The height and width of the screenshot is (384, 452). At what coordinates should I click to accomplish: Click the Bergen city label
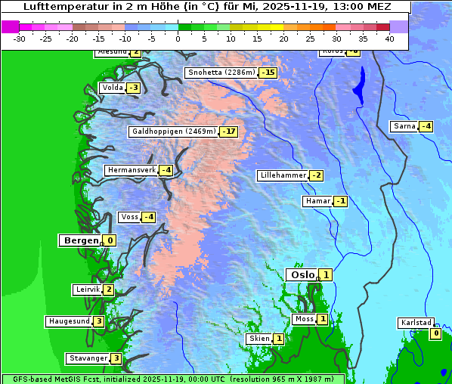tap(81, 240)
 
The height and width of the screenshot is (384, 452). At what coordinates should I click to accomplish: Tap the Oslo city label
tap(302, 274)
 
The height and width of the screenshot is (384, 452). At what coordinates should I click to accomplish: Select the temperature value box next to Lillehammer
tap(317, 175)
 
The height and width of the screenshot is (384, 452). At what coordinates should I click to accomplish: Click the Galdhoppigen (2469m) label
tap(174, 132)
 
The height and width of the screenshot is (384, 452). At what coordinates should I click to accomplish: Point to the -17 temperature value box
tap(229, 132)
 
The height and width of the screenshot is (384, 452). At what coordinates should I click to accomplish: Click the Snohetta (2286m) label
tap(221, 73)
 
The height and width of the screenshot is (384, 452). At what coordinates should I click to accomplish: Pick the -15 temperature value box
tap(268, 73)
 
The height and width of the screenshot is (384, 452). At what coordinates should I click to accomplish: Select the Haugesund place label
tap(70, 321)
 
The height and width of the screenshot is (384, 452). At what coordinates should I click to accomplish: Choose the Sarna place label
tap(404, 126)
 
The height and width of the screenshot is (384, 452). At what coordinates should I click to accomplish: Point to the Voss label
tap(130, 217)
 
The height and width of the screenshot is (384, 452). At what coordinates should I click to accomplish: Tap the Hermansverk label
tap(132, 170)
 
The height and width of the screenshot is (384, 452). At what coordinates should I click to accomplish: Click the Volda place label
tap(113, 88)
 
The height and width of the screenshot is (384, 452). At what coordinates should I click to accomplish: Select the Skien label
tap(259, 338)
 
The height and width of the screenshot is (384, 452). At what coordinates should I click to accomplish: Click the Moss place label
tap(304, 319)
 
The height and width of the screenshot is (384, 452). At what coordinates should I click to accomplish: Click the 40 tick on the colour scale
tap(389, 38)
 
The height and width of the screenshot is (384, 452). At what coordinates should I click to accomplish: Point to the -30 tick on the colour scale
tap(20, 38)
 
